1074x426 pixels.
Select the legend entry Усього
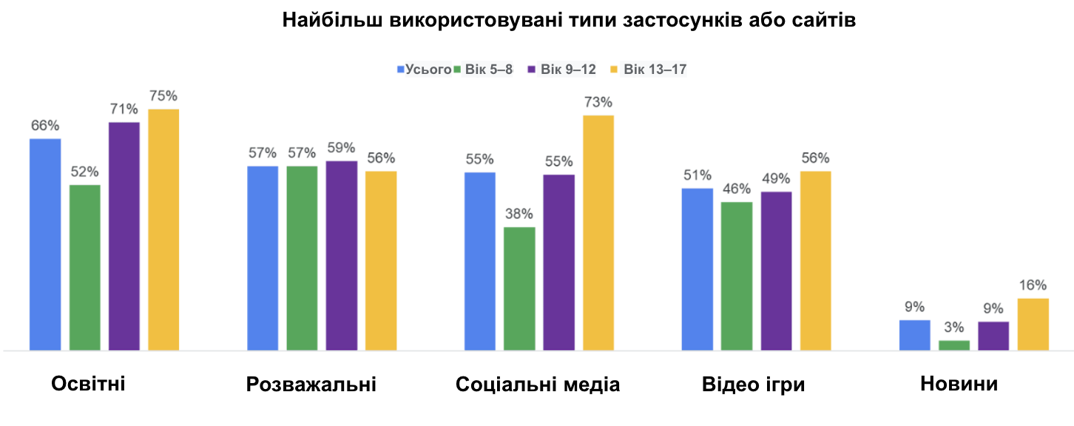[425, 70]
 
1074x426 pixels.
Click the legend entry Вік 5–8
[488, 70]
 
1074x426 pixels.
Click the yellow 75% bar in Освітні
[163, 229]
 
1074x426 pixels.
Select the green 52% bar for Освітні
[85, 267]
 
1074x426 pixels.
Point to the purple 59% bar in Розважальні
[342, 255]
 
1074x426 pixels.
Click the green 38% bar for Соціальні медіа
[519, 288]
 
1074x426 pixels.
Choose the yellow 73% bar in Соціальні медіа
[598, 232]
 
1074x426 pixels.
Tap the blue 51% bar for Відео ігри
[698, 269]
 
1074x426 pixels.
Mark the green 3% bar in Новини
[954, 345]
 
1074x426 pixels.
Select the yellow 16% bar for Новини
[1033, 324]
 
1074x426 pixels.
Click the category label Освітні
[88, 385]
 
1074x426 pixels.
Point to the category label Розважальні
[311, 385]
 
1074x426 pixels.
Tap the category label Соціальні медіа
[538, 385]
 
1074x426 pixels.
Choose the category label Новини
[959, 385]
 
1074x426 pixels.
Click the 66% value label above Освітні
[45, 126]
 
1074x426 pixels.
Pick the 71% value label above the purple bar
[124, 109]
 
